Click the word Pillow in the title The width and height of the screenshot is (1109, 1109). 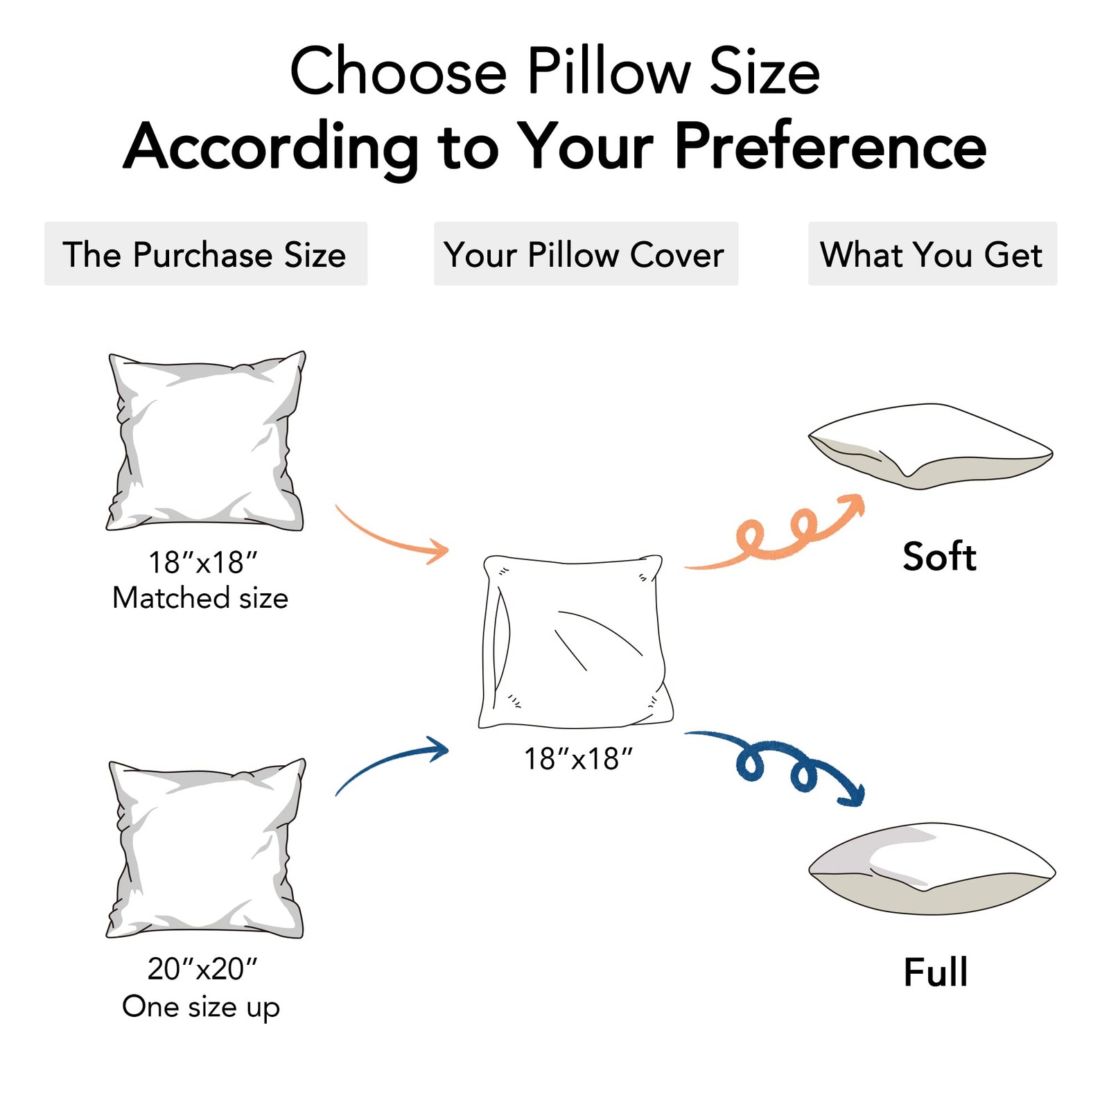(609, 72)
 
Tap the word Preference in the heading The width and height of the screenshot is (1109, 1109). (830, 146)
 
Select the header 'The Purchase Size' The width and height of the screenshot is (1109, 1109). (205, 254)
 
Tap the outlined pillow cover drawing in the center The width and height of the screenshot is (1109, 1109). (575, 641)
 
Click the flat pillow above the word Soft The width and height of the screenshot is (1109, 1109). (930, 446)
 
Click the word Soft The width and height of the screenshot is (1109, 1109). (939, 557)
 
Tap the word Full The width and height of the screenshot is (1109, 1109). (935, 972)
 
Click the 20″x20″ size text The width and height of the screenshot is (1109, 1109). (202, 969)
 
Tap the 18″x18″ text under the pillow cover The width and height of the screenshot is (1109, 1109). (577, 759)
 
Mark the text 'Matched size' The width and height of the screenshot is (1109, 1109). (200, 598)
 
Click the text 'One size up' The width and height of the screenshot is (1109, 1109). (201, 1007)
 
